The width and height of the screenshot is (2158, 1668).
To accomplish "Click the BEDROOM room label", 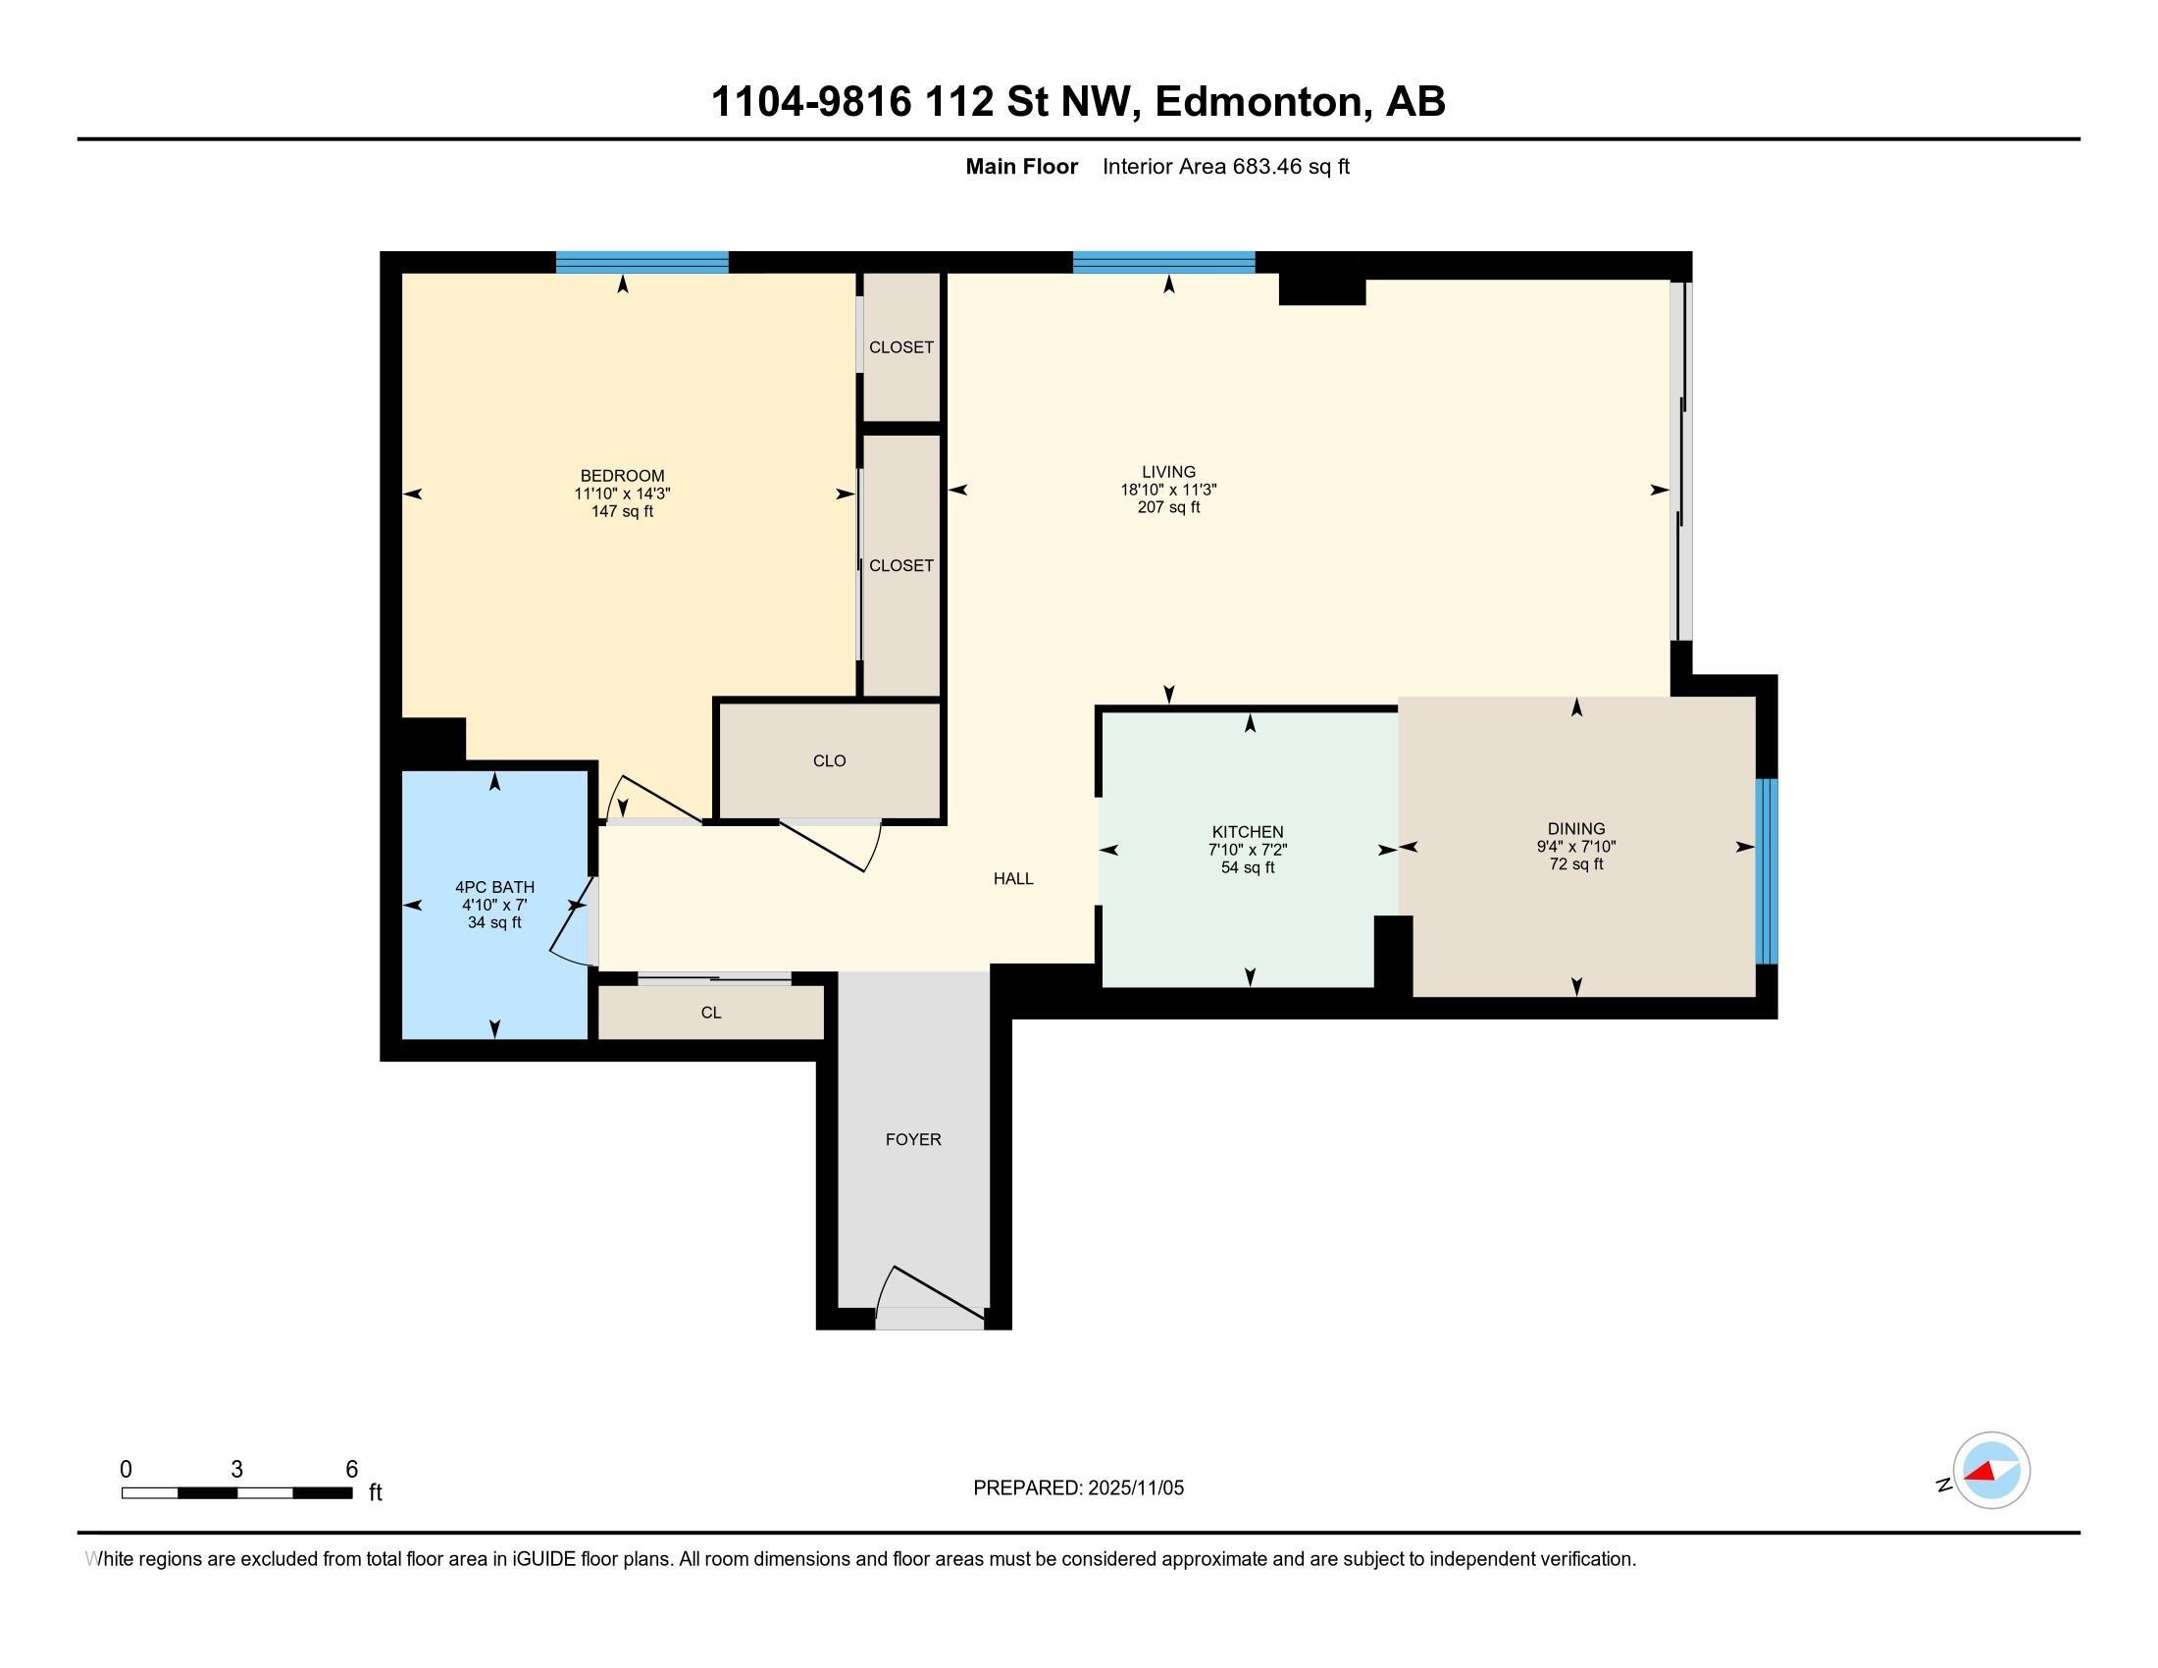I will (622, 475).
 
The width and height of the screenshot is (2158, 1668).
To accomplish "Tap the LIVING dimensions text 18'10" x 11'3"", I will (1168, 491).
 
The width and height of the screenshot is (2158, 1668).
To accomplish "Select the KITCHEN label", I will (1247, 832).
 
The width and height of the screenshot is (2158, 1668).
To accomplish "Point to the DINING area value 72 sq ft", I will (1575, 864).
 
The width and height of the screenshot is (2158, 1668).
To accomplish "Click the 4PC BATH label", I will (494, 887).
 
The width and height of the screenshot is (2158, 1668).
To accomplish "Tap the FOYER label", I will (912, 1139).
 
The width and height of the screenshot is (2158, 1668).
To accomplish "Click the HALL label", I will (1013, 878).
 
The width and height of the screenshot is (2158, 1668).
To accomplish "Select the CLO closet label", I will (829, 760).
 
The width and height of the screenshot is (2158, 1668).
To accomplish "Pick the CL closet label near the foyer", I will (710, 1013).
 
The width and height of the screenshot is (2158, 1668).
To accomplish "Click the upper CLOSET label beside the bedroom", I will (900, 348).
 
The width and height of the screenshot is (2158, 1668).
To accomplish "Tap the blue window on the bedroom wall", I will (642, 262).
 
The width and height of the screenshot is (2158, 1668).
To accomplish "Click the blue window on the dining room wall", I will (1766, 870).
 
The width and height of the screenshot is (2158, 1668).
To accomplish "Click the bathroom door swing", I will (572, 921).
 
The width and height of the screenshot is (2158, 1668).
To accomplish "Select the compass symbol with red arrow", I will (1990, 1471).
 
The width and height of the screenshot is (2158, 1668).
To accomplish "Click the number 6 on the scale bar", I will (351, 1470).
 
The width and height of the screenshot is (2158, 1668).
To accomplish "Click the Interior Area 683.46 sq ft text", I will (1225, 167).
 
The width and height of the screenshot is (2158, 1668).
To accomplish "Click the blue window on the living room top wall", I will (1163, 262).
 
